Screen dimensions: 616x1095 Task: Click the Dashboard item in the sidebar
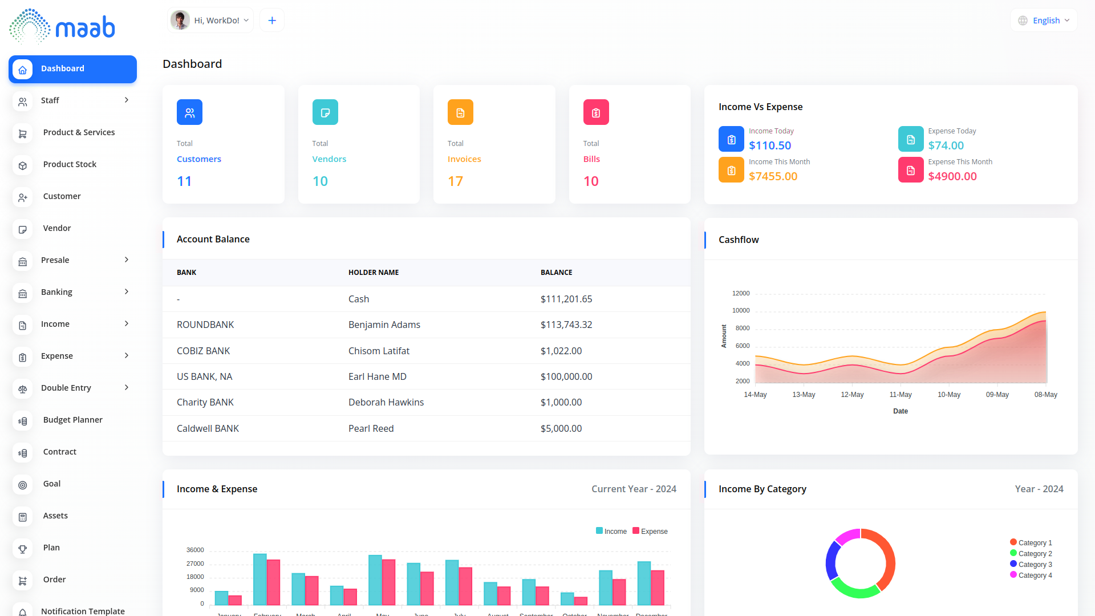pos(72,69)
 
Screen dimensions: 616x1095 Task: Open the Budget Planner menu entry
pos(72,420)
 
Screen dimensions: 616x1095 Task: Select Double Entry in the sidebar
pos(66,388)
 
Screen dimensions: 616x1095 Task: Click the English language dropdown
pos(1044,21)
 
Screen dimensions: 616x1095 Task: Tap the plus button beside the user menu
pos(272,21)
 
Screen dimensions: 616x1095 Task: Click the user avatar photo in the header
pos(180,21)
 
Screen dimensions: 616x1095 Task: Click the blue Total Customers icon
pos(189,112)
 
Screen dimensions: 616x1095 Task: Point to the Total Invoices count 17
pos(455,181)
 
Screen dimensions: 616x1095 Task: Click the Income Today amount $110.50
pos(770,145)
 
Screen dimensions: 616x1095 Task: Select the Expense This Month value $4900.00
pos(952,176)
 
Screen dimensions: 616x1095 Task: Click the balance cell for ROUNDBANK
pos(566,325)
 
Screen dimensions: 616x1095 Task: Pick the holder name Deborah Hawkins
pos(386,402)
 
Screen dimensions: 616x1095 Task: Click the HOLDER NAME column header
pos(374,273)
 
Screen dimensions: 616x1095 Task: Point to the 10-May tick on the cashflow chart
pos(949,395)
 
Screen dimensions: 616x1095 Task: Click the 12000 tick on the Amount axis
pos(741,293)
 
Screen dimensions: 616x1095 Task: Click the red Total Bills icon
pos(596,112)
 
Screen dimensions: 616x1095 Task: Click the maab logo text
pos(86,27)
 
